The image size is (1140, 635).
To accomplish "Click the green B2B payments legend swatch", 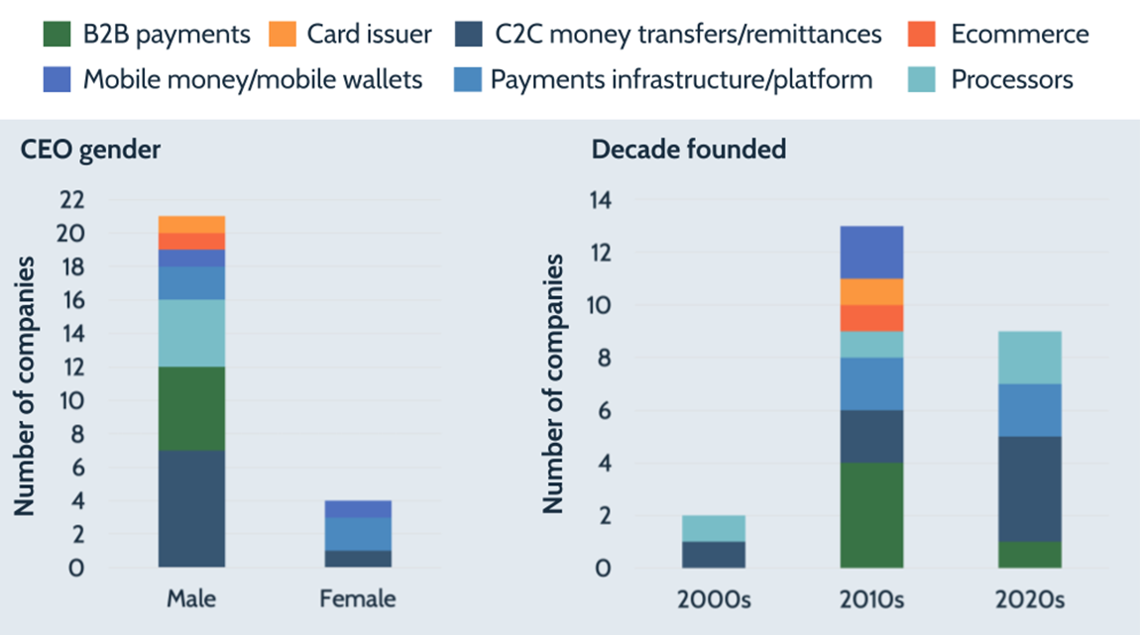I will pos(57,35).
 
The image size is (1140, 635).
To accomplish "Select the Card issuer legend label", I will pos(369,35).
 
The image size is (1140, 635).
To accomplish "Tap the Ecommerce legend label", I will pos(1019,35).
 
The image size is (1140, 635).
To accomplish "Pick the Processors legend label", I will pos(1012,79).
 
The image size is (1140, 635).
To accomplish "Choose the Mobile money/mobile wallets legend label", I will pos(253,79).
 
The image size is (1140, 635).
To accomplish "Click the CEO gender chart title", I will pos(91,151).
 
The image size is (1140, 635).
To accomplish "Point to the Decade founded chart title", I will pos(689,151).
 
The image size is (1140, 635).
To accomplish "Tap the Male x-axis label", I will pos(191,599).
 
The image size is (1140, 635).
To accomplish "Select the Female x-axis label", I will pos(358,599).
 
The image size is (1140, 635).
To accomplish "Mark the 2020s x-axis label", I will pos(1031,599).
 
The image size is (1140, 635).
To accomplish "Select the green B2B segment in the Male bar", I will pos(191,409).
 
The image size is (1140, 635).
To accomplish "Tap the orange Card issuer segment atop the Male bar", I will pos(191,224).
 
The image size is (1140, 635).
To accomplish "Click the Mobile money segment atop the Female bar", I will pos(358,509).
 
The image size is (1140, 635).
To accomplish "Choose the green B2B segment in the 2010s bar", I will pos(870,515).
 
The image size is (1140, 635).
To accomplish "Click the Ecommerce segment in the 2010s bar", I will pos(870,318).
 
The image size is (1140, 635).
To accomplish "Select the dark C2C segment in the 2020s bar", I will pos(1031,488).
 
